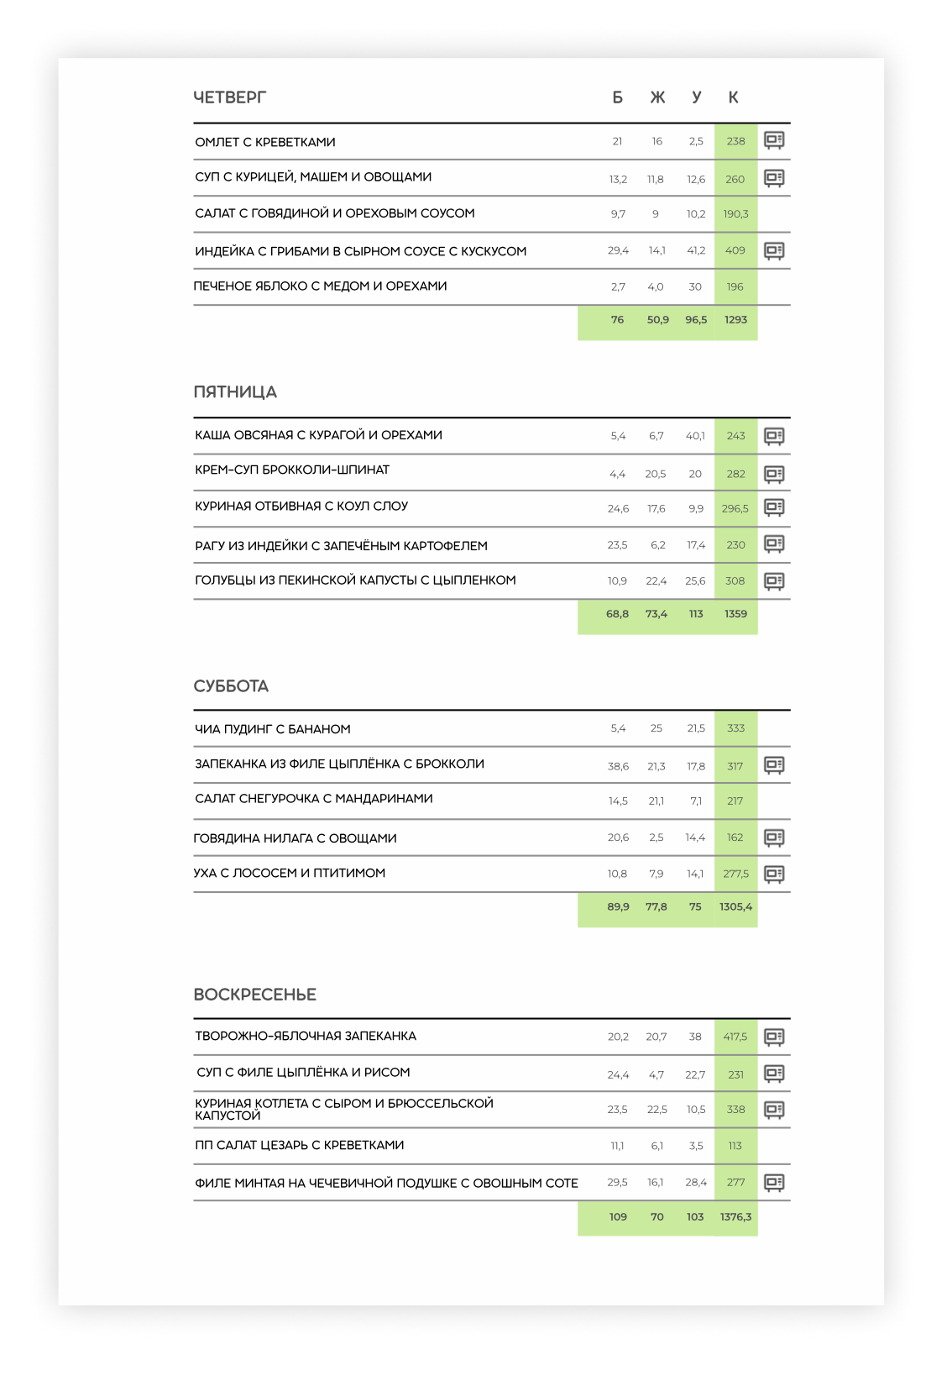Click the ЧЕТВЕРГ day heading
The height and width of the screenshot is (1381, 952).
click(229, 97)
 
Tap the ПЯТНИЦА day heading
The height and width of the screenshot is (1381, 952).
click(235, 392)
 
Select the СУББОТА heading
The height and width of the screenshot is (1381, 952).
click(231, 686)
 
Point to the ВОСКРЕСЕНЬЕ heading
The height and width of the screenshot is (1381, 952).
click(254, 995)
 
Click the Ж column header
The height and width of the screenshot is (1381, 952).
click(657, 97)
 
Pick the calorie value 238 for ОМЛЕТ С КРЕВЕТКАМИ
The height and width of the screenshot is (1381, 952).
click(735, 141)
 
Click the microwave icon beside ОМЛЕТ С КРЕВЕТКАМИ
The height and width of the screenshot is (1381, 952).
click(774, 140)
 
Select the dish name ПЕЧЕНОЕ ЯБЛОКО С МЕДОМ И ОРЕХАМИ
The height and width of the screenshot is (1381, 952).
click(320, 286)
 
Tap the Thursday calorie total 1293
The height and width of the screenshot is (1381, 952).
click(735, 320)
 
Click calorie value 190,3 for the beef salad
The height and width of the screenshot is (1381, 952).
click(735, 214)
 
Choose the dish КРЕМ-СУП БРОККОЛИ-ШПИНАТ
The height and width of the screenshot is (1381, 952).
click(292, 470)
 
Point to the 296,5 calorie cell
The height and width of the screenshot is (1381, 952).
click(735, 508)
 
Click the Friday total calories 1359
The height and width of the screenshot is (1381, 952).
click(735, 614)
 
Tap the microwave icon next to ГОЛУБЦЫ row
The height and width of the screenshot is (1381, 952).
click(774, 580)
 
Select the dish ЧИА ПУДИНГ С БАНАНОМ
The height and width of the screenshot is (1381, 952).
click(273, 729)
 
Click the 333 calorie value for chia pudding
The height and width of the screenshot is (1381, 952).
click(735, 728)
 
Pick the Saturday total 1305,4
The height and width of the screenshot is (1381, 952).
click(735, 907)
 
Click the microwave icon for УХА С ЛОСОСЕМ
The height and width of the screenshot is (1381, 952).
click(774, 874)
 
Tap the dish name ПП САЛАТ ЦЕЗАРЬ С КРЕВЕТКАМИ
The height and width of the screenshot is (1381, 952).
click(300, 1146)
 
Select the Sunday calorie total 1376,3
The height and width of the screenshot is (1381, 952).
click(735, 1217)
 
